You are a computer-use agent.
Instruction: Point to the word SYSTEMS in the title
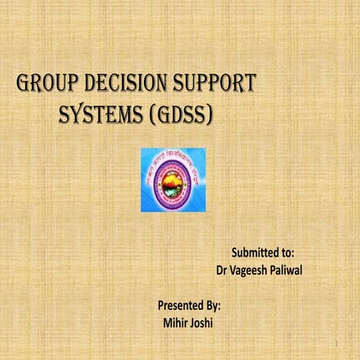pos(101,114)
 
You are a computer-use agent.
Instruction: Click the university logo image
pos(172,179)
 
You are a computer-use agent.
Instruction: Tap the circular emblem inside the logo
pos(172,182)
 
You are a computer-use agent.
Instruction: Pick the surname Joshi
pos(205,323)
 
